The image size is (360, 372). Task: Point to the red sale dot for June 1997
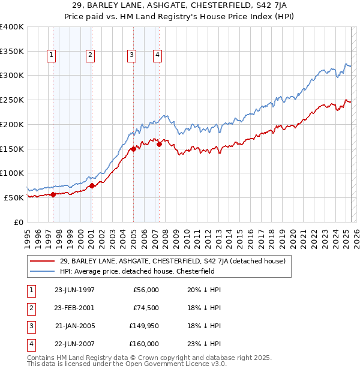(x=53, y=194)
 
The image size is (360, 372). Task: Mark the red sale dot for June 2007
(x=159, y=144)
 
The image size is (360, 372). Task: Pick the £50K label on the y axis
(x=14, y=197)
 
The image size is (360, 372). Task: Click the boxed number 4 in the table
(x=30, y=344)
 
